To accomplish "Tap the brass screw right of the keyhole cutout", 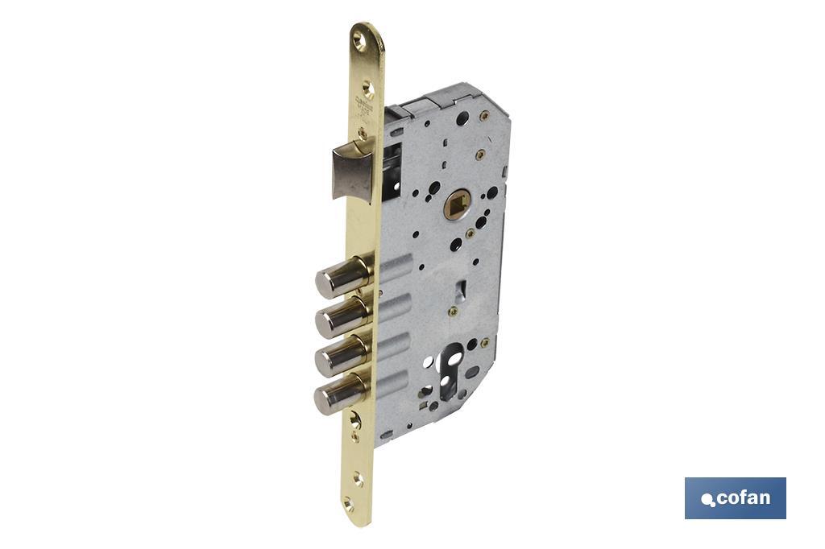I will (484, 343).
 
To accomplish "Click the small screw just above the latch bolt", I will (363, 132).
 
